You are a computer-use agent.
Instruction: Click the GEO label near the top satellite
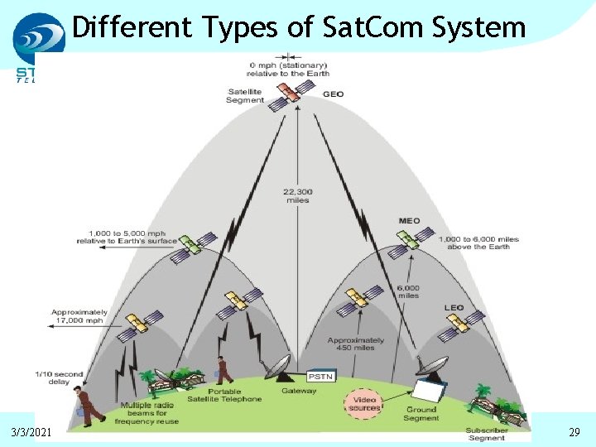pyautogui.click(x=333, y=94)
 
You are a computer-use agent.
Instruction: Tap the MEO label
pyautogui.click(x=409, y=221)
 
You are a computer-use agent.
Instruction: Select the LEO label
pyautogui.click(x=454, y=308)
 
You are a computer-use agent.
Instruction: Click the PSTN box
pyautogui.click(x=320, y=376)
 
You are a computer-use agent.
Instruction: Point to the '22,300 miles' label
pyautogui.click(x=298, y=195)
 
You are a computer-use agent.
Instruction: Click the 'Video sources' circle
pyautogui.click(x=364, y=404)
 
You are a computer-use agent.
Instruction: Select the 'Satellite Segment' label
pyautogui.click(x=245, y=96)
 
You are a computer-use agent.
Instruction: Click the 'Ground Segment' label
pyautogui.click(x=421, y=414)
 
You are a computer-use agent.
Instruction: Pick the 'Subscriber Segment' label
pyautogui.click(x=487, y=434)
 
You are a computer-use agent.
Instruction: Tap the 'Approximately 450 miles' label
pyautogui.click(x=356, y=344)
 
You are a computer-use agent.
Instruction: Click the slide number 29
pyautogui.click(x=574, y=432)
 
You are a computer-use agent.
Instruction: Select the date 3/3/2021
pyautogui.click(x=31, y=432)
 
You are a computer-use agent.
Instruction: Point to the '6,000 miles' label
pyautogui.click(x=408, y=291)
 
